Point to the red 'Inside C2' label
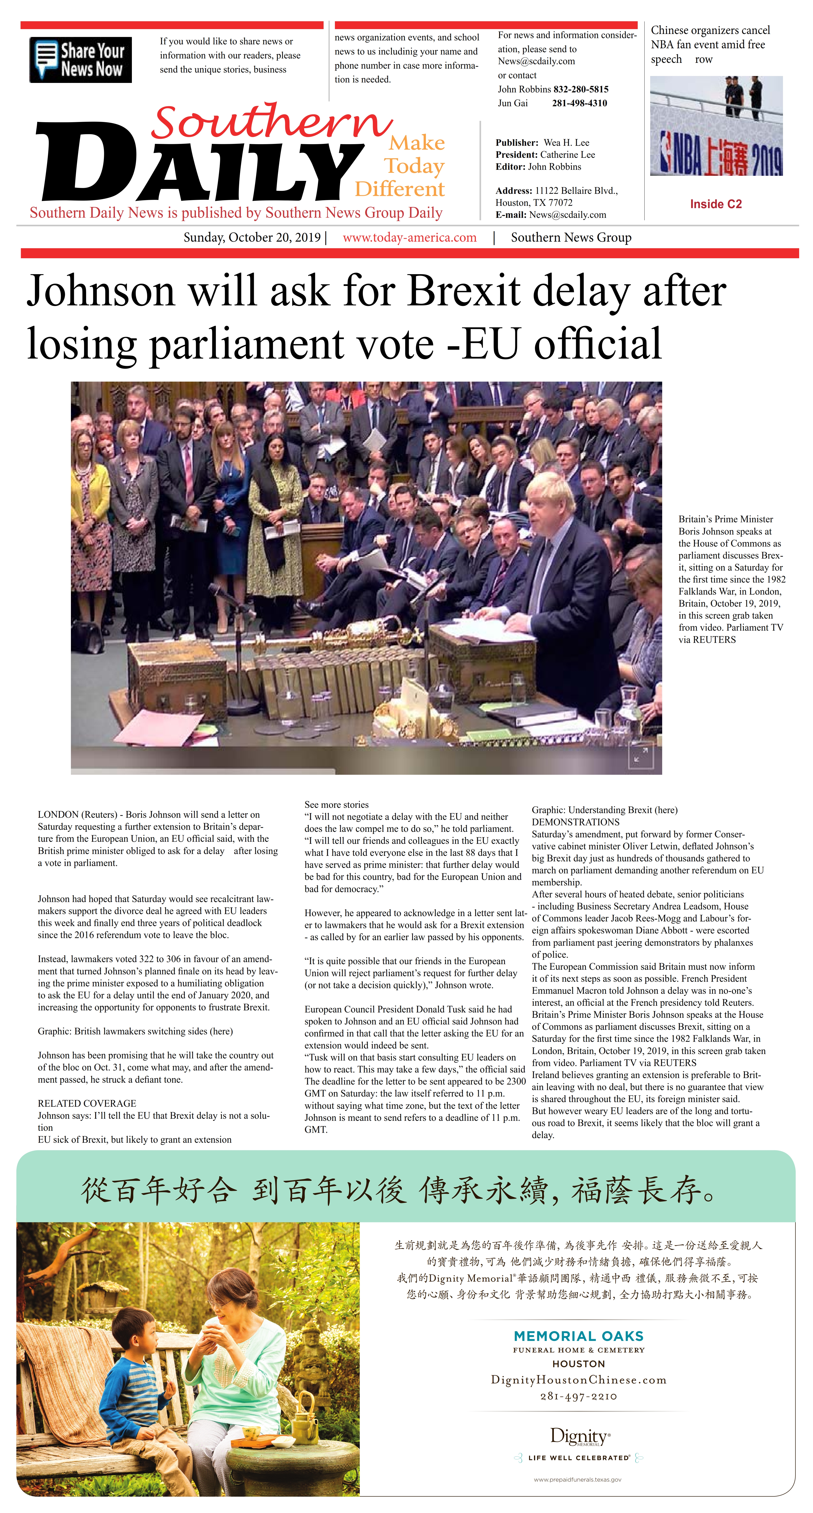(716, 204)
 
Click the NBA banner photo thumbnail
(716, 126)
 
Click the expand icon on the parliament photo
(640, 756)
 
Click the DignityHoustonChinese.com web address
(579, 1380)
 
